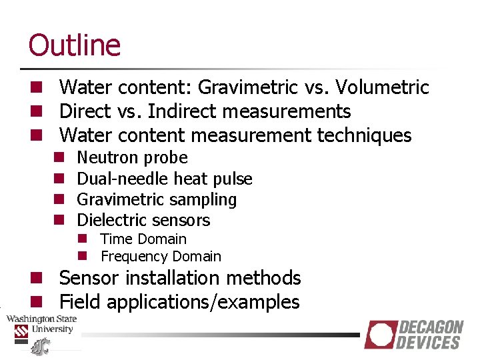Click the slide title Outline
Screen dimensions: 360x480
pyautogui.click(x=75, y=45)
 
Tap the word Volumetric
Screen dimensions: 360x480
pyautogui.click(x=383, y=87)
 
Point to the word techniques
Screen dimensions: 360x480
pyautogui.click(x=364, y=135)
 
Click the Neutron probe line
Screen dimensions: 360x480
pyautogui.click(x=132, y=158)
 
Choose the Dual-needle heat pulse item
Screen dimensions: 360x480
pyautogui.click(x=165, y=179)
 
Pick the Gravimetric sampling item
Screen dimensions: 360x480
pyautogui.click(x=157, y=199)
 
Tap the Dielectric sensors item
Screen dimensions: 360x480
pyautogui.click(x=143, y=220)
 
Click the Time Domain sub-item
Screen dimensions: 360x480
pyautogui.click(x=143, y=239)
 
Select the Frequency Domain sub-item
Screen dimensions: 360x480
pyautogui.click(x=161, y=256)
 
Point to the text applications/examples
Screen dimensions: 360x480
pyautogui.click(x=203, y=302)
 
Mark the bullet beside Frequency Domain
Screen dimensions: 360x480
pyautogui.click(x=82, y=256)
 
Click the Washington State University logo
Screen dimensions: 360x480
pyautogui.click(x=41, y=329)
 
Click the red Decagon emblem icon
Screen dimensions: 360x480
pyautogui.click(x=380, y=335)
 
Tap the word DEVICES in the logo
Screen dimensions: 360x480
pyautogui.click(x=428, y=343)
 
